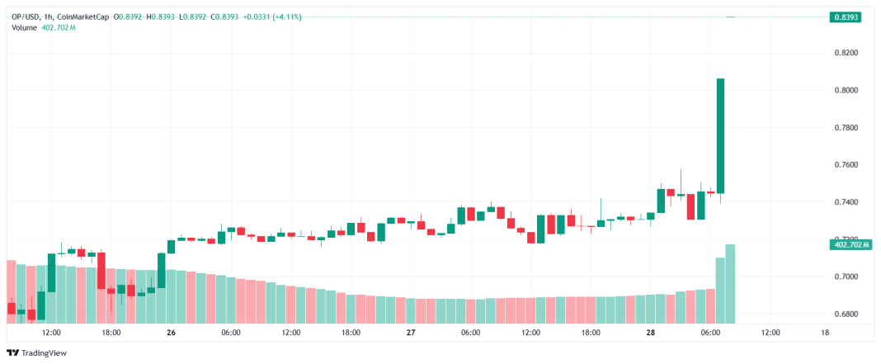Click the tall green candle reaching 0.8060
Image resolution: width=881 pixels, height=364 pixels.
[x=720, y=136]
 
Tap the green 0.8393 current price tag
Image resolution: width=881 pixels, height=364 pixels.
[x=846, y=17]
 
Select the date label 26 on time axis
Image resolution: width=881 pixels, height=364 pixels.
[x=171, y=333]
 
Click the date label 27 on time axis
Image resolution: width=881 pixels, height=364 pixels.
[x=410, y=333]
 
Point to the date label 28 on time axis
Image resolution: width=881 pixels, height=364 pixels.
[x=650, y=333]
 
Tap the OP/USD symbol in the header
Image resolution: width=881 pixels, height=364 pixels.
[x=26, y=17]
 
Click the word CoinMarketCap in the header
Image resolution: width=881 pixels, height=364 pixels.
[x=88, y=17]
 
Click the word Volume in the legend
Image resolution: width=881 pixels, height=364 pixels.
[x=25, y=27]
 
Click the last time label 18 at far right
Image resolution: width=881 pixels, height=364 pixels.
[x=826, y=333]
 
